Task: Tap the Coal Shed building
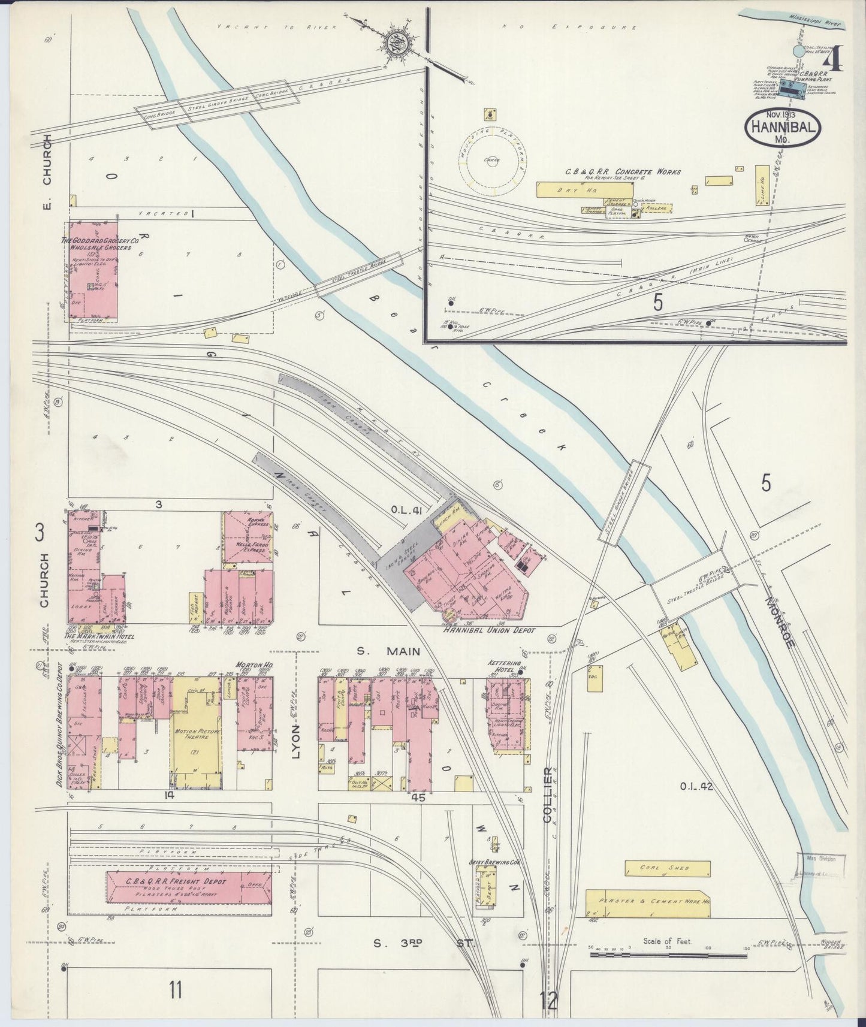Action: (667, 868)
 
